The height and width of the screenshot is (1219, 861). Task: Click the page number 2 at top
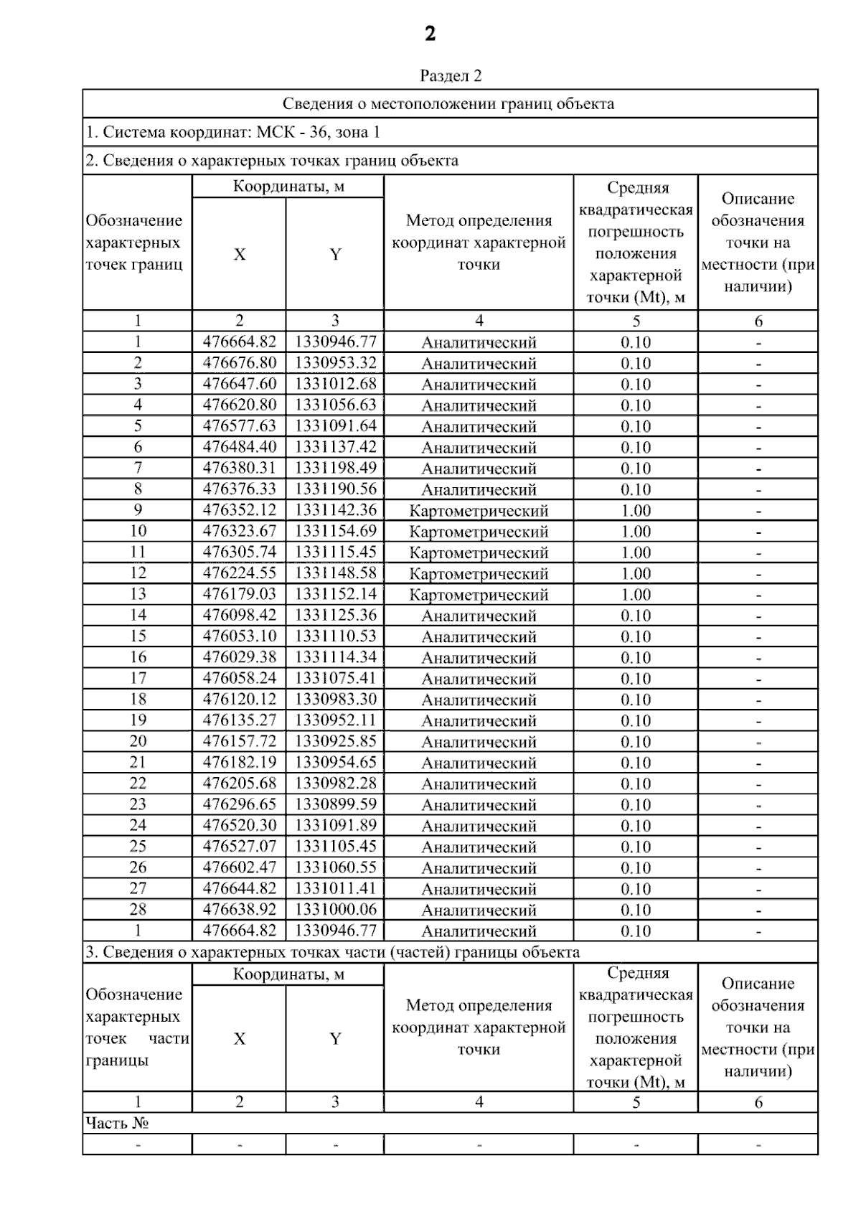coord(430,34)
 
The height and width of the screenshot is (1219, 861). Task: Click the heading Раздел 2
coord(451,76)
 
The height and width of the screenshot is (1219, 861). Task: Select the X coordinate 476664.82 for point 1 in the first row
coord(239,342)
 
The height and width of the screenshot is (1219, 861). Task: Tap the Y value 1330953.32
coord(335,362)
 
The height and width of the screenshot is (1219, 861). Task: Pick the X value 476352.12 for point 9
coord(239,510)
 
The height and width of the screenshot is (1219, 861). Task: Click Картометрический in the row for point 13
coord(479,595)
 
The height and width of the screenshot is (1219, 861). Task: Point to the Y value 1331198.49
coord(335,468)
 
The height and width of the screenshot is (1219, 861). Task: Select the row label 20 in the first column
coord(138,741)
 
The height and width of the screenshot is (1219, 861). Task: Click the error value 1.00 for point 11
coord(636,552)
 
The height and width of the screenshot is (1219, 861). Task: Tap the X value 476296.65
coord(239,804)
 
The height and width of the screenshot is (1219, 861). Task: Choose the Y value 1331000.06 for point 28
coord(335,909)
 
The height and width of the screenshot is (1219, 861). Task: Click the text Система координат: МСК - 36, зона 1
coord(233,132)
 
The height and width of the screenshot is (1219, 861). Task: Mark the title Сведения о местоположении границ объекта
coord(448,104)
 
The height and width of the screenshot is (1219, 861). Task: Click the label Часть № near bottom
coord(117,1123)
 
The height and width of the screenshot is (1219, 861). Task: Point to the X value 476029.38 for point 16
coord(239,657)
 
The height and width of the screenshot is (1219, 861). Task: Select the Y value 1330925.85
coord(335,741)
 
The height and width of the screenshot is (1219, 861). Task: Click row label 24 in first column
coord(138,825)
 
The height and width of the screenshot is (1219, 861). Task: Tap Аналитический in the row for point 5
coord(479,426)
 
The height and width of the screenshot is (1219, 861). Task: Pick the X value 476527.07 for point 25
coord(239,846)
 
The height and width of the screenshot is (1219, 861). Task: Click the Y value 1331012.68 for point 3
coord(335,384)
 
